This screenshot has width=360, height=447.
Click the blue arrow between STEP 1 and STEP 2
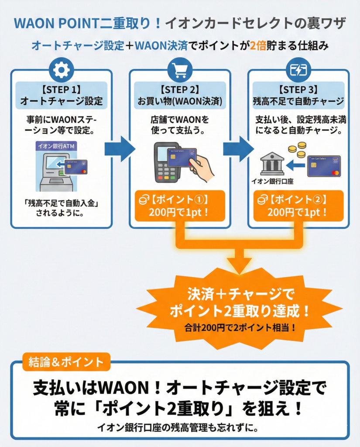point(119,149)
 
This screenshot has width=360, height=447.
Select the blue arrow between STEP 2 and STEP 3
point(238,149)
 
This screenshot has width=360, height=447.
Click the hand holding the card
point(202,168)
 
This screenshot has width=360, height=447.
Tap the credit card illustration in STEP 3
point(323,166)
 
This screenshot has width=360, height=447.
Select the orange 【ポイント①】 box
point(179,206)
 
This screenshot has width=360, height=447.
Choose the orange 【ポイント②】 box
point(298,206)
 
